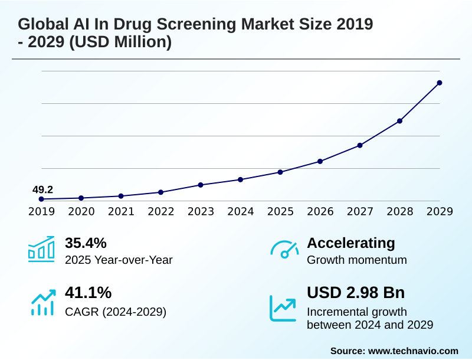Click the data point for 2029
(440, 83)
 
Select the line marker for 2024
(240, 179)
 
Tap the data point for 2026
(320, 161)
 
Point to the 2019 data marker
(41, 199)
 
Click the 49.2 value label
(42, 189)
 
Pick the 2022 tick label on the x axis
(160, 212)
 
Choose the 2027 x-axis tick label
(360, 212)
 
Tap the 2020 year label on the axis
(81, 212)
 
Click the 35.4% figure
(86, 243)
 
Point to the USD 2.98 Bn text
(356, 293)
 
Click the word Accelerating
(351, 243)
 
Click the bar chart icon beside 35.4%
(41, 249)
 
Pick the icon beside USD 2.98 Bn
(283, 307)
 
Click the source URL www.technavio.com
(413, 351)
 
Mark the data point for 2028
(399, 121)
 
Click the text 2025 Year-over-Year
(119, 260)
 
